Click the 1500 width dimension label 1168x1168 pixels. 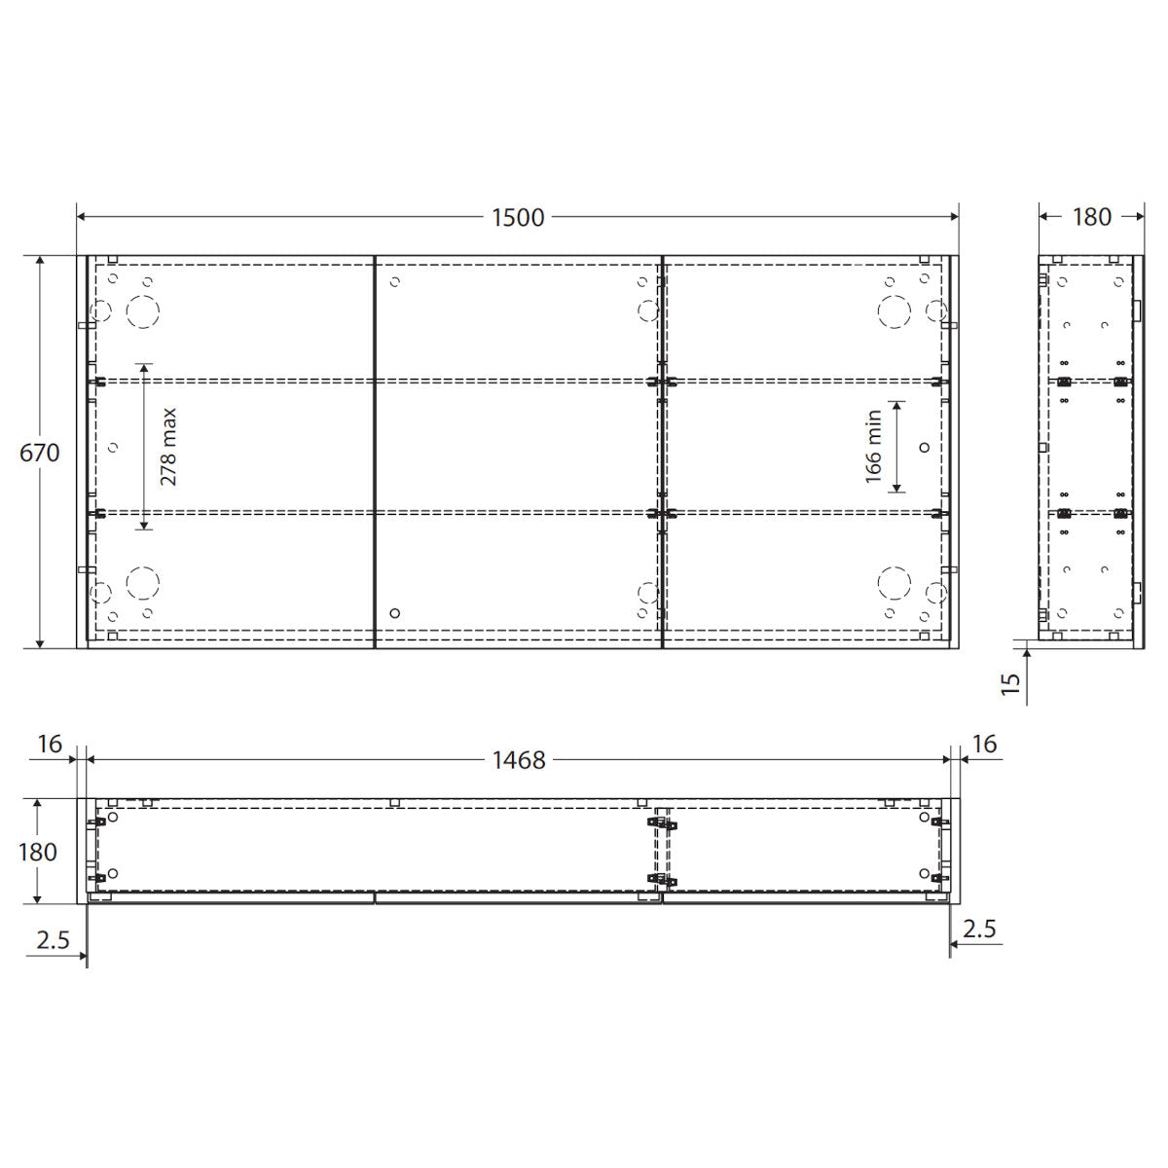[x=518, y=218]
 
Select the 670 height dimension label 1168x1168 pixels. [x=39, y=453]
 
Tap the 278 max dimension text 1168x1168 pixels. [x=168, y=447]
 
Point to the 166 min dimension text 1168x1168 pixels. [x=873, y=447]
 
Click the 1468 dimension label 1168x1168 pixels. [x=519, y=760]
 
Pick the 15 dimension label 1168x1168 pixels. [x=1010, y=683]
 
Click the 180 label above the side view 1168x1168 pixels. [x=1092, y=217]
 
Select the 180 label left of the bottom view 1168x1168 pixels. [x=38, y=853]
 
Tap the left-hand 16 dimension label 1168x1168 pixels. [x=50, y=744]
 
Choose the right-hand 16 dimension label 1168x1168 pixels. [x=984, y=744]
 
